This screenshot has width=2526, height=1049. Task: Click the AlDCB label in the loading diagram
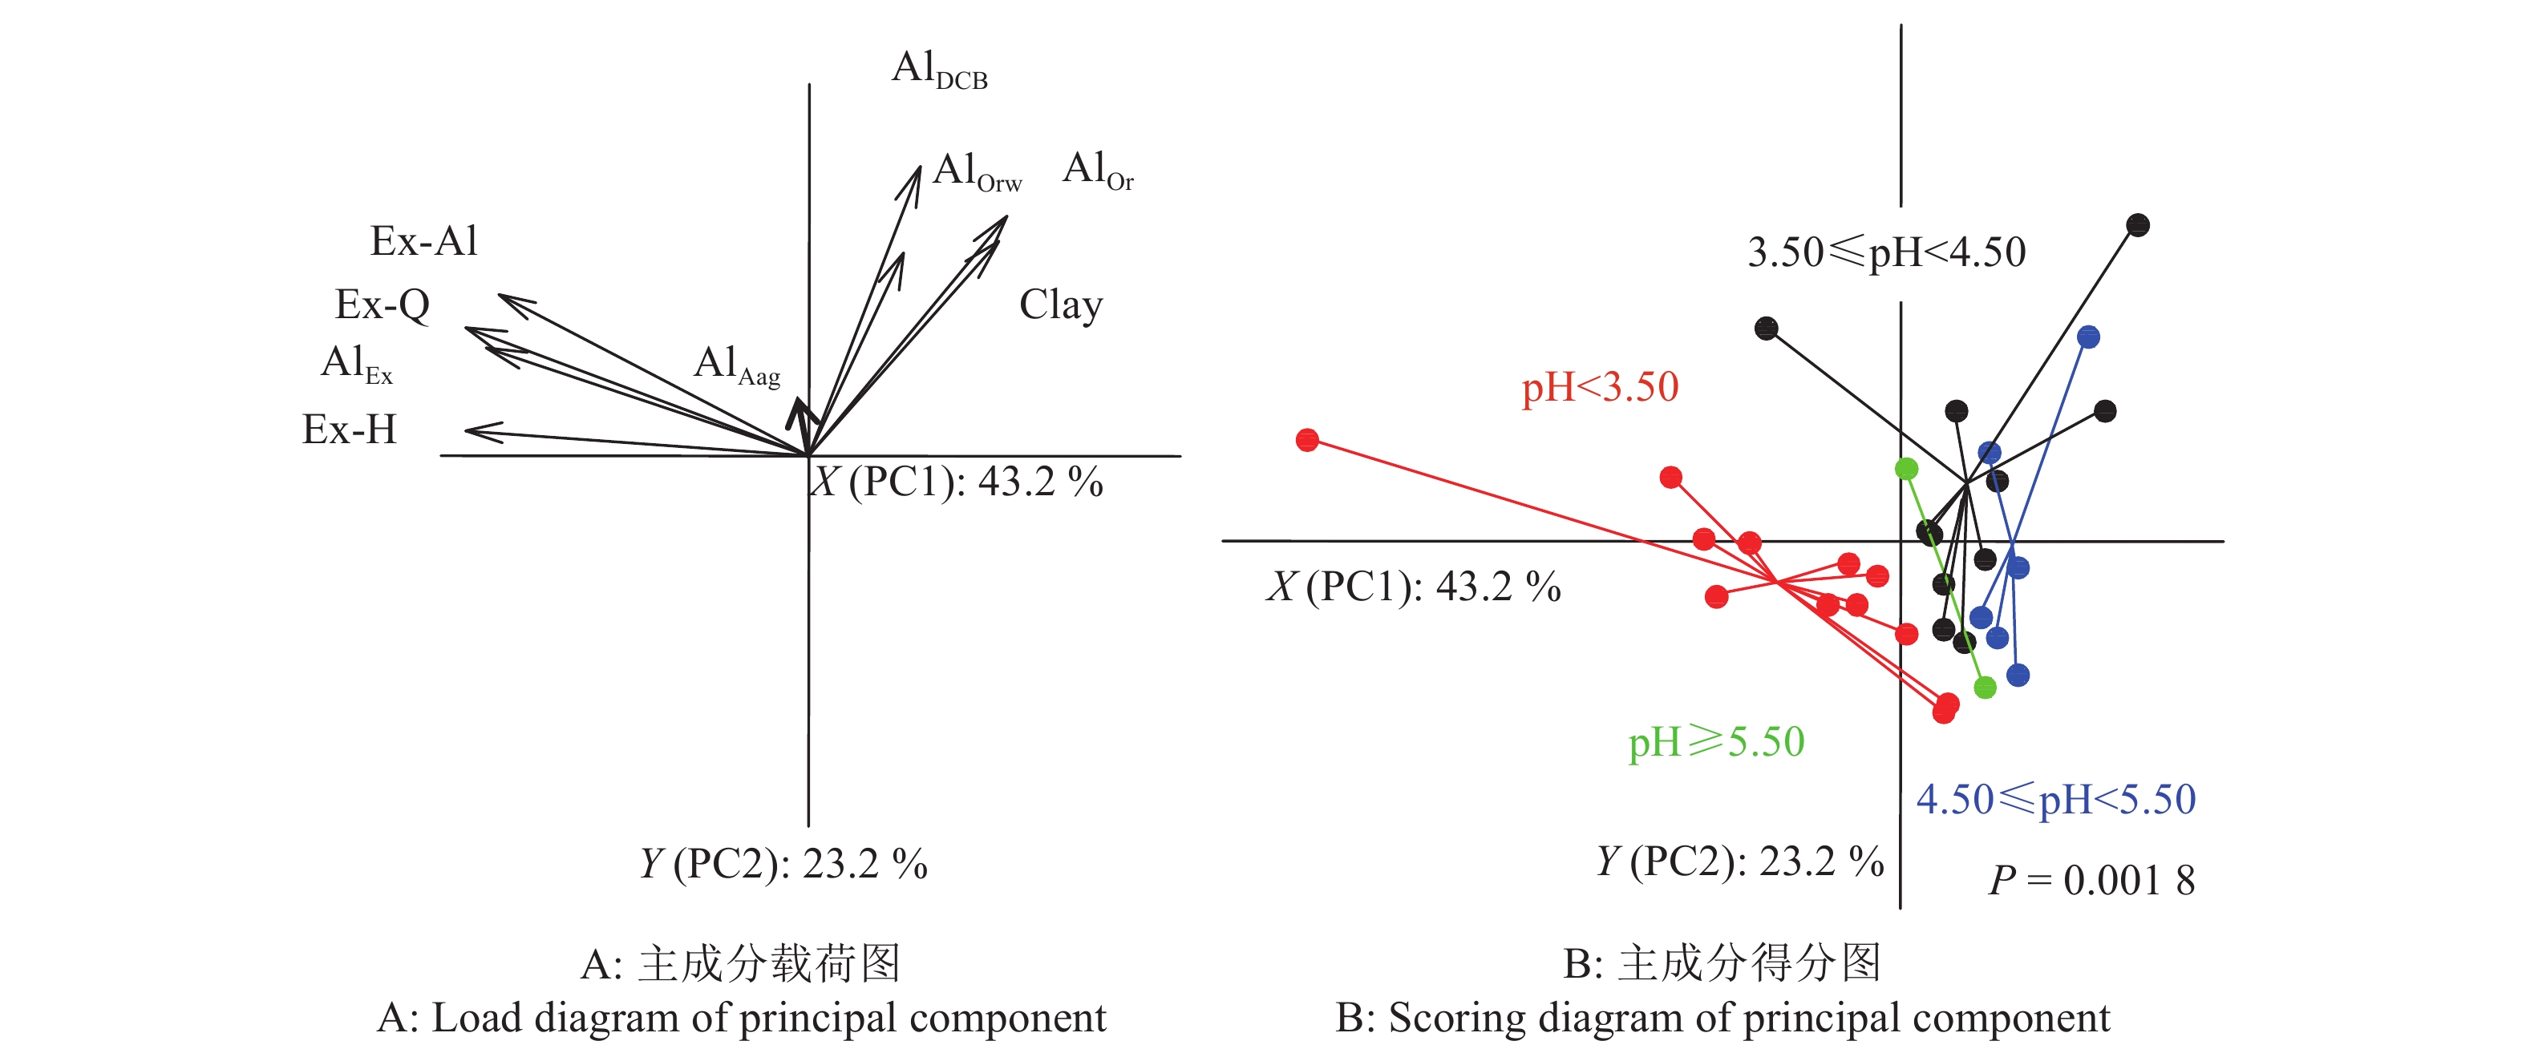pos(938,71)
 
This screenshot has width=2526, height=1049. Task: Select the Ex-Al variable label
pos(423,241)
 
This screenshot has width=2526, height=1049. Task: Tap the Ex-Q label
pos(383,305)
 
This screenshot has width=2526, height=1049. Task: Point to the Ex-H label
pos(349,430)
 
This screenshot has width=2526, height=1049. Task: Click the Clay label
pos(1061,305)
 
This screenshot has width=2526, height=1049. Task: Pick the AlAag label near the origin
pos(736,365)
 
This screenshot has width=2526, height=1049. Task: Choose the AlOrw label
pos(977,171)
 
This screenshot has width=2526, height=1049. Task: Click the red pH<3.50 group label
pos(1599,387)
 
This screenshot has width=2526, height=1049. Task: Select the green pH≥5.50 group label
pos(1716,742)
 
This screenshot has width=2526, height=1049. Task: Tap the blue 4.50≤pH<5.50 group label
pos(2055,800)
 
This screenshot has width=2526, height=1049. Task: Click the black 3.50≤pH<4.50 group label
pos(1885,253)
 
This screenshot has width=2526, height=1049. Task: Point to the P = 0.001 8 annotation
pos(2091,881)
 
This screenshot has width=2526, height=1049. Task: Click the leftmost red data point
pos(1306,440)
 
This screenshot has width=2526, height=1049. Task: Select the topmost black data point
pos(2138,225)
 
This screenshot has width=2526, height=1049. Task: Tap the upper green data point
pos(1906,469)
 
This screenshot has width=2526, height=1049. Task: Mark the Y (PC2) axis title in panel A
pos(783,865)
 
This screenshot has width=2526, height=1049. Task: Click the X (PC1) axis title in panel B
pos(1413,587)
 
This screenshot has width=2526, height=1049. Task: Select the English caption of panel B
pos(1722,1019)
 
